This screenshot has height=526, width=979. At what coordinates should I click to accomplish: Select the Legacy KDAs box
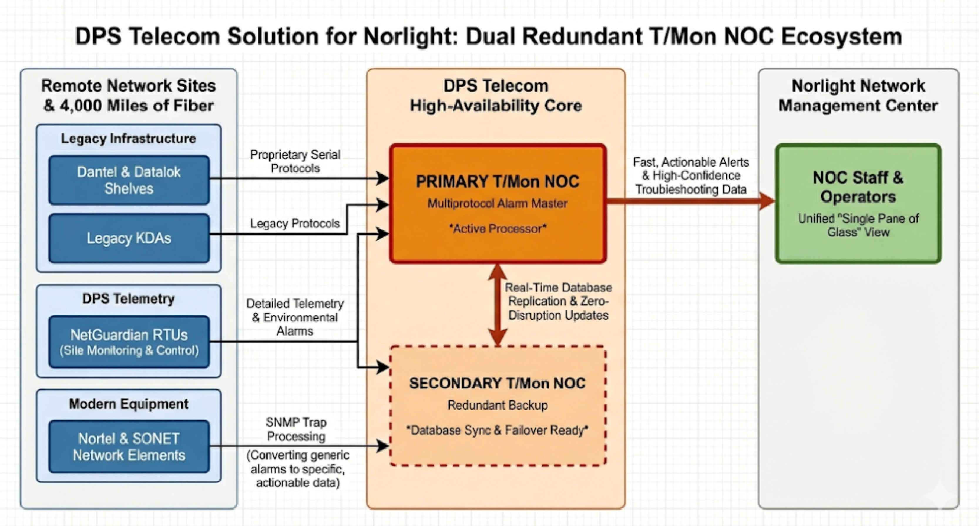point(129,238)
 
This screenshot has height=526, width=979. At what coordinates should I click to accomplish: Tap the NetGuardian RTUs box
point(129,341)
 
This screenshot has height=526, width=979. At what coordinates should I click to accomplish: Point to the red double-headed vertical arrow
point(498,304)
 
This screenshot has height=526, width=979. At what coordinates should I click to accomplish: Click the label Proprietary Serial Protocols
point(295,161)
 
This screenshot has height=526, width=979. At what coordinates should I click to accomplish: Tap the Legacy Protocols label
point(295,223)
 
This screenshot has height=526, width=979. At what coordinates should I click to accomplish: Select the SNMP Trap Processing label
point(296,429)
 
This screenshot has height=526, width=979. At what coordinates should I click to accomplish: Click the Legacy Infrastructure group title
point(128,139)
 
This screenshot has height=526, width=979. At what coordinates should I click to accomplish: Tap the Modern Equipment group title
point(128,404)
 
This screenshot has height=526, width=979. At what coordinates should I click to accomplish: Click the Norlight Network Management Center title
point(858,96)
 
